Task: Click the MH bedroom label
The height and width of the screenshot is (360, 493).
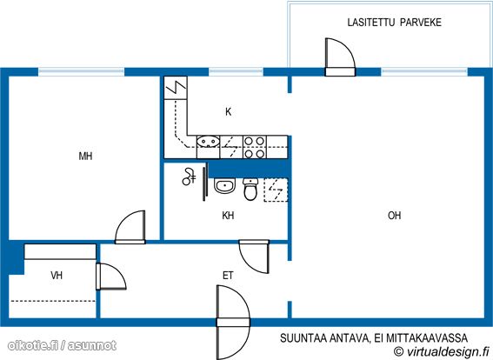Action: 85,156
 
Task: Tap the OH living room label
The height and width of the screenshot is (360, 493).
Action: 394,216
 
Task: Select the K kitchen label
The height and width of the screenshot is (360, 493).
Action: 229,111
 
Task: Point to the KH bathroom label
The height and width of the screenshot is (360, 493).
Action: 228,216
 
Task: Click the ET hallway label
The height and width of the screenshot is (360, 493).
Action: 228,276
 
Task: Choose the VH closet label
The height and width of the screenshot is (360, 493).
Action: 57,276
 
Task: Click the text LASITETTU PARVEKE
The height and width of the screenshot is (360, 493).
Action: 394,23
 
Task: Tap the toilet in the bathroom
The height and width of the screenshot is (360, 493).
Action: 250,189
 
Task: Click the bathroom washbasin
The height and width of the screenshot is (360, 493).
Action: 224,185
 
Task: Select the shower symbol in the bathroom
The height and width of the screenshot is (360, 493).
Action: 189,177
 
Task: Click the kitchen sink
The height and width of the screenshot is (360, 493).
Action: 208,142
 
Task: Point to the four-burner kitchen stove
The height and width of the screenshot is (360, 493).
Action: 255,147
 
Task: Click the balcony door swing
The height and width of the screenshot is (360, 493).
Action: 340,57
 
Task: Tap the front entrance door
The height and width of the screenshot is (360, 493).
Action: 233,323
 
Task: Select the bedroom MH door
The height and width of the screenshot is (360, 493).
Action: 130,227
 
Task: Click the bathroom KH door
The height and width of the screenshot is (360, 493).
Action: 254,257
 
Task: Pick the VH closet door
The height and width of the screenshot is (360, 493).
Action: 110,277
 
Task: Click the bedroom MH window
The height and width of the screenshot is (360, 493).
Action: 82,72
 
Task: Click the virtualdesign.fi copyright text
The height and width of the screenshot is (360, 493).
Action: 442,351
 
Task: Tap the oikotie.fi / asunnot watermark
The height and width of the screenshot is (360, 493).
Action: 62,346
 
